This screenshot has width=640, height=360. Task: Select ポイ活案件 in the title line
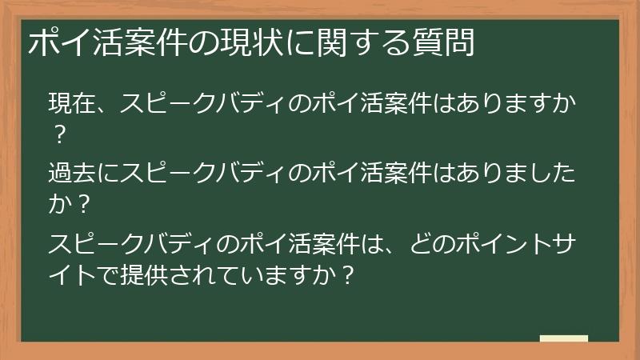click(x=116, y=42)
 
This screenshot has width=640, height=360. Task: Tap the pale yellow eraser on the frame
click(x=563, y=340)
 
